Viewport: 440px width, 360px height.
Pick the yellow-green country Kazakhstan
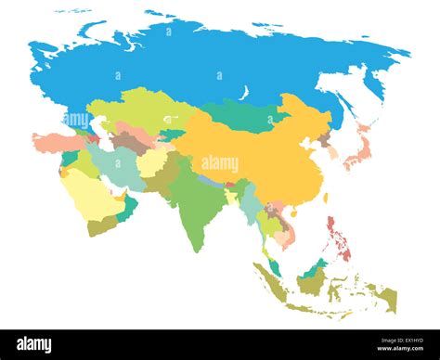(139, 111)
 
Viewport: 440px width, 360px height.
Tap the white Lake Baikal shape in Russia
(245, 94)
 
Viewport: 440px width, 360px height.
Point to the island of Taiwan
(327, 197)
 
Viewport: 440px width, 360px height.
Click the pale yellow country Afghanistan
(150, 163)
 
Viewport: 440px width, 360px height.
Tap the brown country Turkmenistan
(130, 143)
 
